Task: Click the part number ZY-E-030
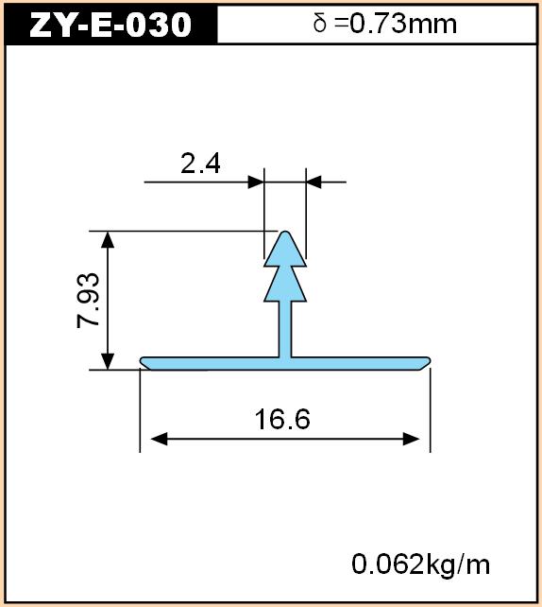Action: click(110, 25)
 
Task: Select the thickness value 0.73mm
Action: click(403, 24)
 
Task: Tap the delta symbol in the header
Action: click(320, 23)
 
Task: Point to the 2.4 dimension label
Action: click(200, 164)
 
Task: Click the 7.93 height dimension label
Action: click(89, 301)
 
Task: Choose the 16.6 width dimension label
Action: click(282, 419)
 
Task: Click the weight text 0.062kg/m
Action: click(420, 564)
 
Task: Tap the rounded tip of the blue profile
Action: click(285, 233)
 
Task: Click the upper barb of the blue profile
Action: click(285, 250)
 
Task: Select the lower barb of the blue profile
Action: click(285, 285)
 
